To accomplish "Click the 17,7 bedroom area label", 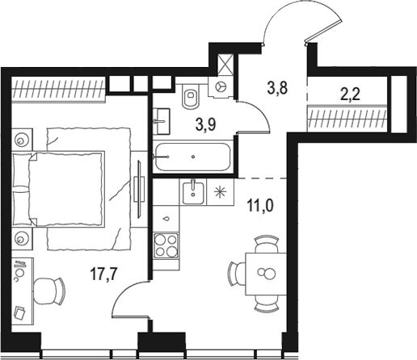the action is point(103,274).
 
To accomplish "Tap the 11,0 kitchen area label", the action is point(260,206).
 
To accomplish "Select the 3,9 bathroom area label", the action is point(206,124).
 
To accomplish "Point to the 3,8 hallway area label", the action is point(277,88).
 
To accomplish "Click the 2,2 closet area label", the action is point(350,94).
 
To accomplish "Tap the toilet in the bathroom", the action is point(191,96).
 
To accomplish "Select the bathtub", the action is point(193,157).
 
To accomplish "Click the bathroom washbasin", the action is point(162,121).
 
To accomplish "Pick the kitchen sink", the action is point(193,193).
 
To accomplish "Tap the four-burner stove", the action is point(166,246).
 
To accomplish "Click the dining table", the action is point(266,274).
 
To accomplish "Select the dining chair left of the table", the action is point(237,274).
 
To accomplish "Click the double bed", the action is point(58,189).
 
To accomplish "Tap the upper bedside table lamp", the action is point(21,140).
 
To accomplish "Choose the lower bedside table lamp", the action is point(21,238).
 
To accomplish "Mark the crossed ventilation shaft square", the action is point(225,65).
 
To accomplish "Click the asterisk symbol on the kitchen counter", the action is point(221,193).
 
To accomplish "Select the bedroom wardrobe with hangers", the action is point(58,90).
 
